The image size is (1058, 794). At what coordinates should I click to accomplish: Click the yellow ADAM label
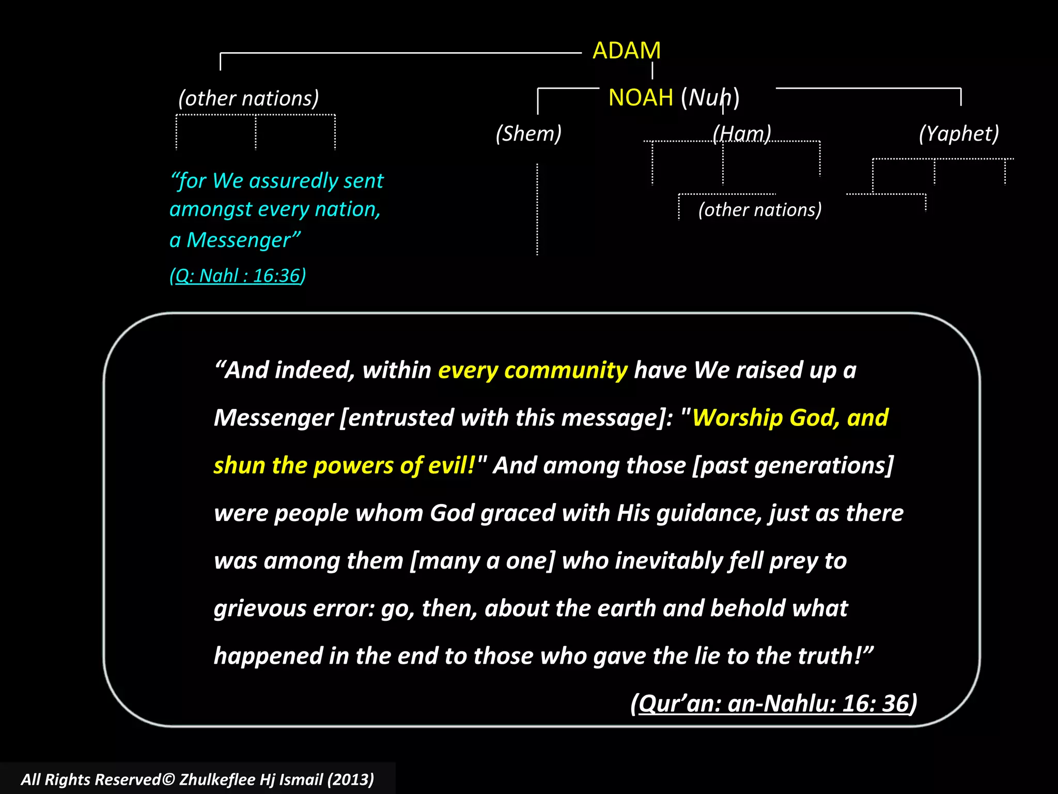tap(626, 51)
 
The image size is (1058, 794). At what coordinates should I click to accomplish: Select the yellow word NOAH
tap(641, 98)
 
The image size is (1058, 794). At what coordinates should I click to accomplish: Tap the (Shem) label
tap(528, 133)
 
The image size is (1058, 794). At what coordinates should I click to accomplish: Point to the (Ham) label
tap(742, 133)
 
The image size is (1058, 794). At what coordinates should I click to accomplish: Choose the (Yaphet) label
tap(959, 133)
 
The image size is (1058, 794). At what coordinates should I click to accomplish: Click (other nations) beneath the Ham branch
tap(760, 210)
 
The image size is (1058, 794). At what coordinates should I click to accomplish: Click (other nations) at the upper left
tap(248, 98)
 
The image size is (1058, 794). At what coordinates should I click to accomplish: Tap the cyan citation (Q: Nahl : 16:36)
tap(238, 276)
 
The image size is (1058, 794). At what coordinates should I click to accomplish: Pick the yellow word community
tap(566, 370)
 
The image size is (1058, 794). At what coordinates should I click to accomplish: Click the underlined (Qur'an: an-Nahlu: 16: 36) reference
tap(773, 704)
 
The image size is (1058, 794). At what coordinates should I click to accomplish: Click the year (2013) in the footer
tap(351, 780)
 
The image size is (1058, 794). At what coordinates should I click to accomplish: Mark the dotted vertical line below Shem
tap(537, 209)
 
